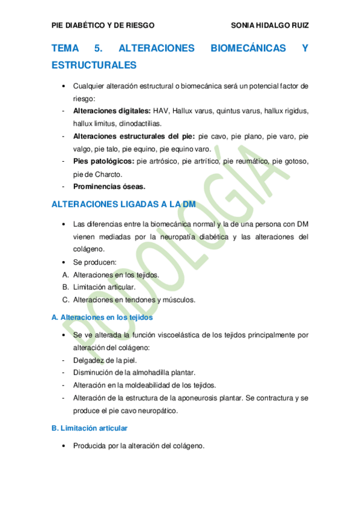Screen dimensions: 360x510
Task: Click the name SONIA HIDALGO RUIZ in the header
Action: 270,25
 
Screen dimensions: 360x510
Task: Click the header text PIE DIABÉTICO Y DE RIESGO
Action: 103,25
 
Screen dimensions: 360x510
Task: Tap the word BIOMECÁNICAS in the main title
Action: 248,48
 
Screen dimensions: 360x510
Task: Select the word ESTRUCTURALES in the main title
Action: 94,64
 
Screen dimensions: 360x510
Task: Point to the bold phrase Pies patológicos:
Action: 104,161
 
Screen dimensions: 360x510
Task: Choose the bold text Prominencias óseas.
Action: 109,186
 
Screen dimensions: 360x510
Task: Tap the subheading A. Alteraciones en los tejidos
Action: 102,317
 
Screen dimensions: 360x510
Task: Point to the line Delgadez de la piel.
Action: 105,360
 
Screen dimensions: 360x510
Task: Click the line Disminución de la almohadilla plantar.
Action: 134,373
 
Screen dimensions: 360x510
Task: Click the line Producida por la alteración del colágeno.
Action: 139,446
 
